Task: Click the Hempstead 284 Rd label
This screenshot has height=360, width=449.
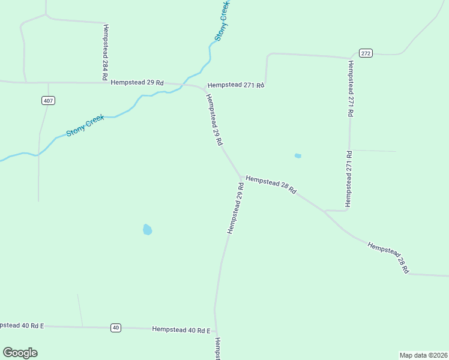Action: (x=106, y=53)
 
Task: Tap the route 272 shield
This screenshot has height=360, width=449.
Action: (x=366, y=53)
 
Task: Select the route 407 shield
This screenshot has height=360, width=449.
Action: (x=49, y=100)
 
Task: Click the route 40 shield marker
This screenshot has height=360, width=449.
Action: (x=116, y=328)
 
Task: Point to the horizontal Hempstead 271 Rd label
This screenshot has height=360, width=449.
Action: (x=235, y=85)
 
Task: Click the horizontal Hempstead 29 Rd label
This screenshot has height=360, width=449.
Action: (x=137, y=82)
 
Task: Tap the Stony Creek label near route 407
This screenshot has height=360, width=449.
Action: (x=85, y=125)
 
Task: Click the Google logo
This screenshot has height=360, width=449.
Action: (x=20, y=353)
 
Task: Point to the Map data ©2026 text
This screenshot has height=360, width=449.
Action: (x=423, y=355)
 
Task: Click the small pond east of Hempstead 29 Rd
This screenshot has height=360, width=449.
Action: (x=298, y=156)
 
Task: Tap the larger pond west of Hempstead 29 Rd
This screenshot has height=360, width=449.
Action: (x=148, y=229)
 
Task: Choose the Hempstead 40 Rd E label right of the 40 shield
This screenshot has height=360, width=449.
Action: (x=181, y=330)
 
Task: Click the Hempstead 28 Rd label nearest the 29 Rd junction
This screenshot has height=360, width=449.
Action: (x=271, y=184)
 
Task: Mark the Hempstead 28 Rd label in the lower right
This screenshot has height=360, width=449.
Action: (x=388, y=258)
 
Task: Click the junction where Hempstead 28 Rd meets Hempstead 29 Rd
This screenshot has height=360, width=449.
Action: (x=240, y=177)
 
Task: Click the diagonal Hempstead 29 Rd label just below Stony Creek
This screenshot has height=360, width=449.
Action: (x=214, y=120)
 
